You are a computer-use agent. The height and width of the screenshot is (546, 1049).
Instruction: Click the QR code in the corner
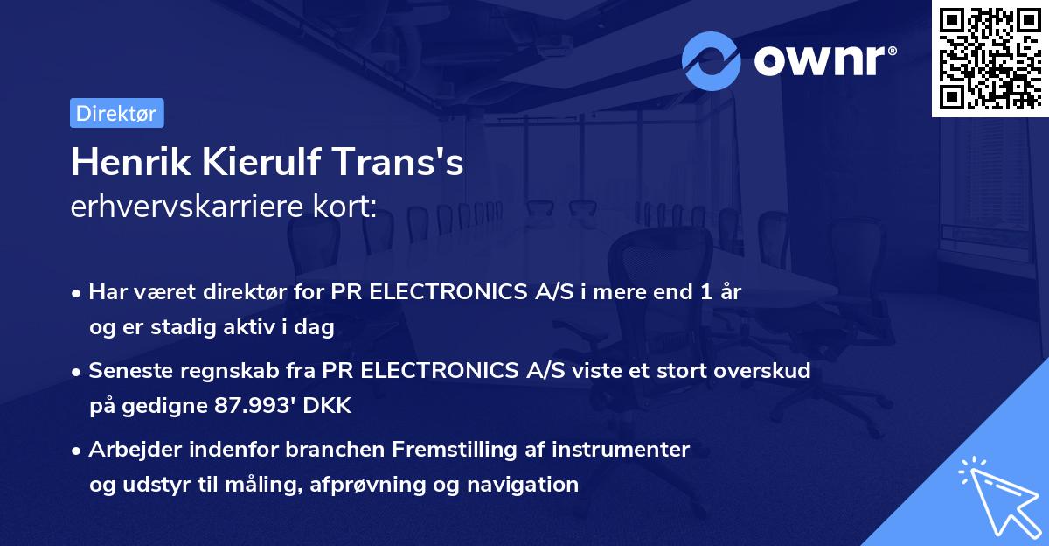(990, 58)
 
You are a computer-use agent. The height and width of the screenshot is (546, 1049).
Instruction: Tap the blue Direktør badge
(116, 113)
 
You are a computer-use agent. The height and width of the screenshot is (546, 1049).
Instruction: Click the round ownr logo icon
(712, 60)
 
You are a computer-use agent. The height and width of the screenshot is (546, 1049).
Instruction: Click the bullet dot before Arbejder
(78, 451)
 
